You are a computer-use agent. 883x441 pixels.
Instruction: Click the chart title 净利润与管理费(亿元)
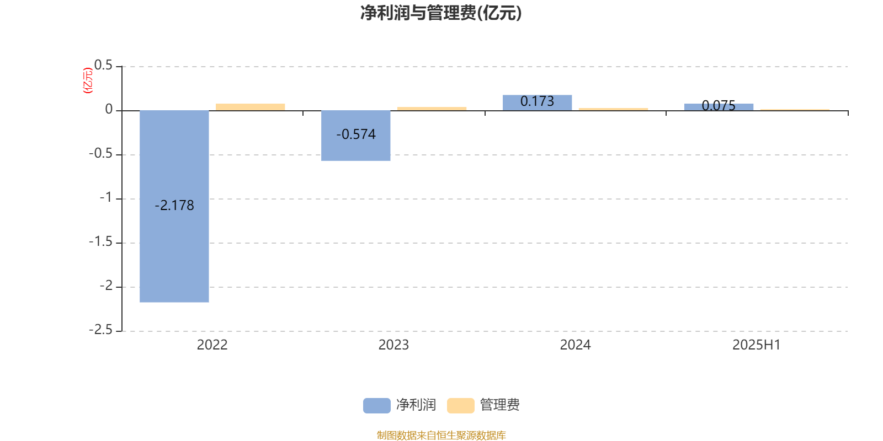tap(441, 13)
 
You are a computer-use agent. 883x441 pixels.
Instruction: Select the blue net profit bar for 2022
tap(174, 206)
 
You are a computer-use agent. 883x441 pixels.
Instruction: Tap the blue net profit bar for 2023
tap(355, 136)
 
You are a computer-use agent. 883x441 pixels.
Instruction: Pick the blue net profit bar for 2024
tap(538, 103)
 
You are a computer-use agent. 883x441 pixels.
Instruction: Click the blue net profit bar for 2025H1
tap(719, 107)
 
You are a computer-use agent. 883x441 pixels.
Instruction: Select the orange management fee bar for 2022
tap(251, 107)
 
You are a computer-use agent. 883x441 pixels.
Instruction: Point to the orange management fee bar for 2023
tap(432, 109)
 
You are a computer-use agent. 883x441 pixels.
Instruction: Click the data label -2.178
tap(174, 206)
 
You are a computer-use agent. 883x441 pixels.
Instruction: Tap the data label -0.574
tap(356, 135)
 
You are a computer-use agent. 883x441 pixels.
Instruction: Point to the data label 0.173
tap(538, 101)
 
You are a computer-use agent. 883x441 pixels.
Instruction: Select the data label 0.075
tap(719, 105)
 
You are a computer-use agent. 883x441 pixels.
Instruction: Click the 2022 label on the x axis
tap(212, 345)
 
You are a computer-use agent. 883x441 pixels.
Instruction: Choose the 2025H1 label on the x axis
tap(757, 345)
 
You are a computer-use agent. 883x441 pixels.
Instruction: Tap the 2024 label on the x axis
tap(575, 345)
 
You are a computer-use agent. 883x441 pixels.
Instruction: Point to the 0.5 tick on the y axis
tap(103, 66)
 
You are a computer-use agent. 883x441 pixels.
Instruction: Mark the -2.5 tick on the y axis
tap(100, 330)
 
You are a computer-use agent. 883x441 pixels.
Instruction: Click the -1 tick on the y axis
tap(106, 198)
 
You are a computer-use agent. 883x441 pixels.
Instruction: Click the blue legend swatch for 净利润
tap(377, 406)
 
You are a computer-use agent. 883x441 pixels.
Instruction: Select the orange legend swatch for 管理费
tap(460, 406)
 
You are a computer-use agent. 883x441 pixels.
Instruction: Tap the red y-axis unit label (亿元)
tap(88, 80)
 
